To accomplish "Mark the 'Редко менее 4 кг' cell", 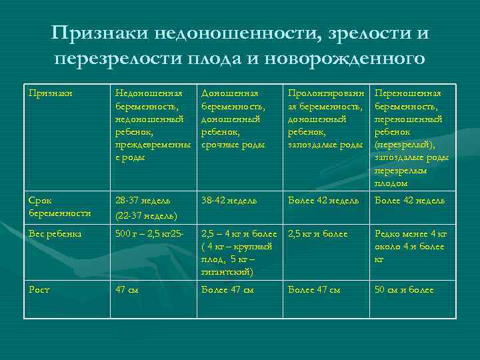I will coord(411,246).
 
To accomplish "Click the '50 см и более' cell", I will coord(404,290).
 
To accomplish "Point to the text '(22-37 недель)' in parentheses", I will coord(146,215).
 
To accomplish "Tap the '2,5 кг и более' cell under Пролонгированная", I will coord(318,234).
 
